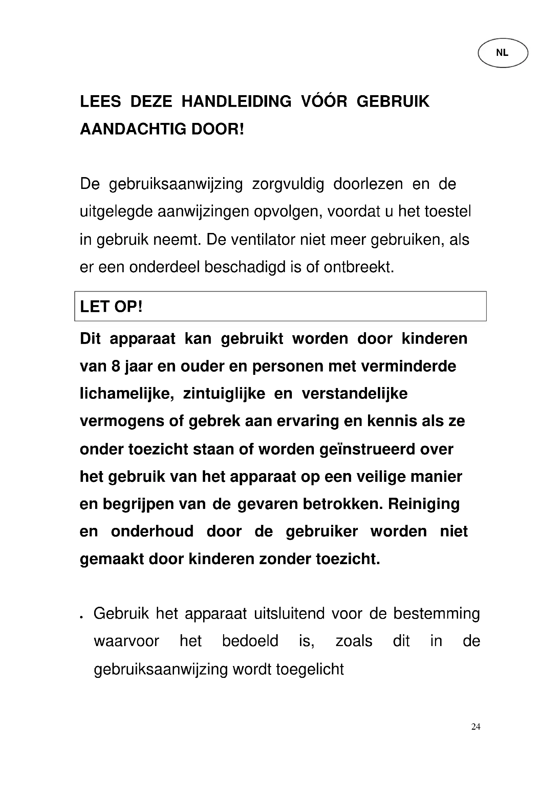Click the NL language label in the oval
click(x=502, y=53)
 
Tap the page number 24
click(x=475, y=727)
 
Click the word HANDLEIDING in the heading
click(x=236, y=102)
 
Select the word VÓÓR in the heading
click(x=324, y=102)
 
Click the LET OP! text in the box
click(x=111, y=307)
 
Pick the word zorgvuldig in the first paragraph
click(x=288, y=184)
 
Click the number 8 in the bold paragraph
click(x=115, y=366)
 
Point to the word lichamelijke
click(x=127, y=394)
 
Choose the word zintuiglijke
click(x=224, y=394)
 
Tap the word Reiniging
click(x=424, y=504)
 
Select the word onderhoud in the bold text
click(x=152, y=532)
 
